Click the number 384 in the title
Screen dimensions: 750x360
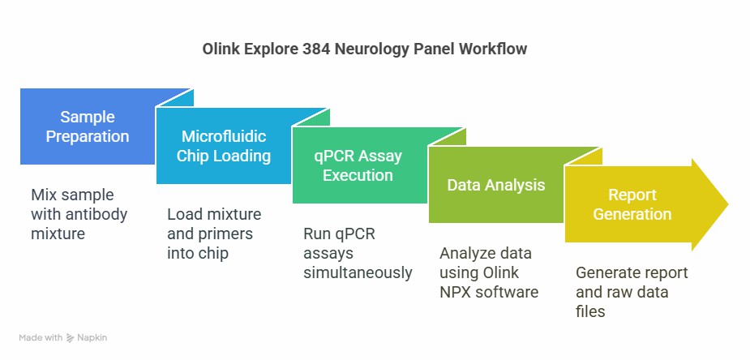[316, 49]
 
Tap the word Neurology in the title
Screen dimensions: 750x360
[372, 49]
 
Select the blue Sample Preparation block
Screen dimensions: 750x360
[88, 126]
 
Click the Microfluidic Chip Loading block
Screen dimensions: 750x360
[223, 146]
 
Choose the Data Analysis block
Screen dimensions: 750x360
[496, 185]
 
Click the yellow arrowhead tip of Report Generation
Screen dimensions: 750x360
[728, 204]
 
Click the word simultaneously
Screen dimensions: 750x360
[358, 272]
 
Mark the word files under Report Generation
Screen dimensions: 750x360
[590, 311]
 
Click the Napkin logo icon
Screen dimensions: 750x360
[71, 337]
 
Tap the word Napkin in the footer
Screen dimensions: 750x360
[92, 338]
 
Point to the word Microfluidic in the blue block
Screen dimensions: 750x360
[224, 136]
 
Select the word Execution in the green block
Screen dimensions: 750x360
[358, 175]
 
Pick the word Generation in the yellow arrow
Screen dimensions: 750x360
[632, 214]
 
